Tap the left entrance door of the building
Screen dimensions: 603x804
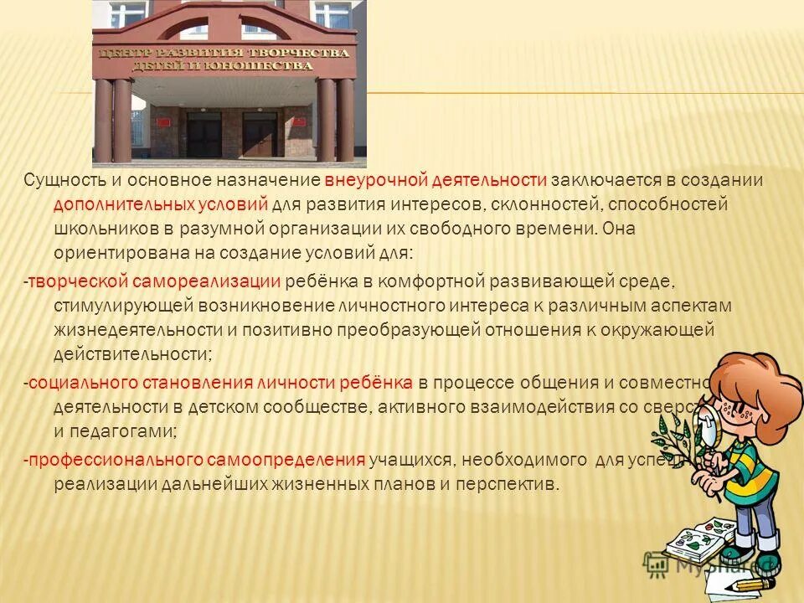coord(204,135)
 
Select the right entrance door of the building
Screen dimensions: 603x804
coord(260,135)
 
